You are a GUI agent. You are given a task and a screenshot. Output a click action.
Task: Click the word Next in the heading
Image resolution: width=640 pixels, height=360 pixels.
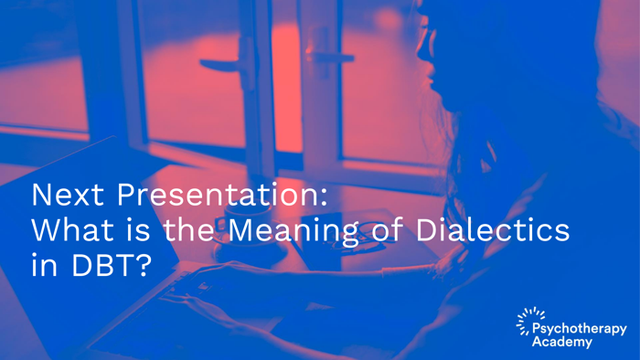68,195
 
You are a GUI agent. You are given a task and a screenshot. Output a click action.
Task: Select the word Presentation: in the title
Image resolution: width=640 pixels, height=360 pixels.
222,195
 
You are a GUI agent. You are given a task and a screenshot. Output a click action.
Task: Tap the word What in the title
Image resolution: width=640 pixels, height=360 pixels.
72,229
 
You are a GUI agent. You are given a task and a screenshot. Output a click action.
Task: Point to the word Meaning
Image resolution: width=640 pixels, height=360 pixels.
293,232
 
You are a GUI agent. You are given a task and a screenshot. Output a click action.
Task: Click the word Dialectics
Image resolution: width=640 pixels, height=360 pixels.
492,229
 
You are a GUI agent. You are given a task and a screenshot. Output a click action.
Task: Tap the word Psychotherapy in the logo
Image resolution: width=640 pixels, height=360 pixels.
580,329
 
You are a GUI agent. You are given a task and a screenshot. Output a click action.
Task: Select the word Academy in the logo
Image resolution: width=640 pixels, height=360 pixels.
562,342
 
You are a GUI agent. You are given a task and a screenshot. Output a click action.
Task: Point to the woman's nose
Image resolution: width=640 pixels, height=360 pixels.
421,52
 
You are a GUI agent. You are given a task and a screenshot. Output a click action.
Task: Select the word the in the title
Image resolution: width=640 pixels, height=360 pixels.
188,229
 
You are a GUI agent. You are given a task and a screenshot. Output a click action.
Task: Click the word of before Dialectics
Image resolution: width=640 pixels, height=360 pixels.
386,229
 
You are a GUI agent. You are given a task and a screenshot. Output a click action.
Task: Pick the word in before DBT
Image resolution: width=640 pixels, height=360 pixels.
44,265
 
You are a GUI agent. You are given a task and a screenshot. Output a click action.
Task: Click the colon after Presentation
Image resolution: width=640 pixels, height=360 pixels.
324,197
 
